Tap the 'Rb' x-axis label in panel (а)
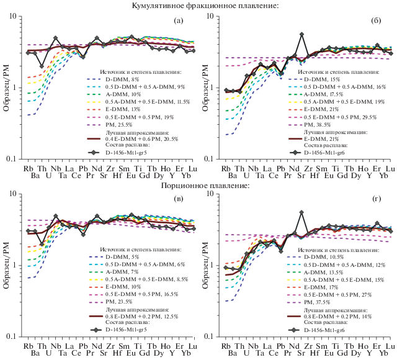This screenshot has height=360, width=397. (x=28, y=168)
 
